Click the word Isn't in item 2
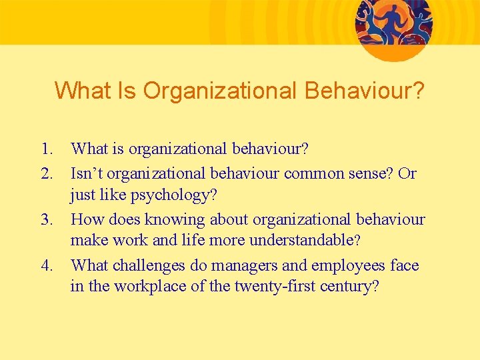coord(87,173)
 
